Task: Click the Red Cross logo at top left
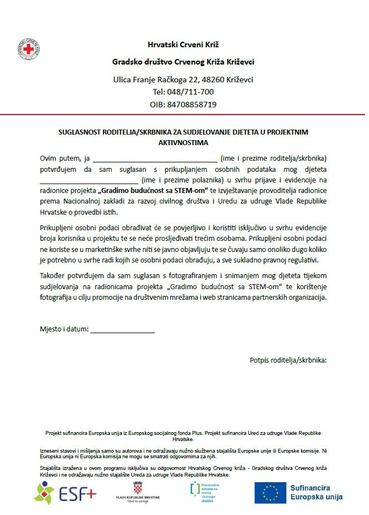28,49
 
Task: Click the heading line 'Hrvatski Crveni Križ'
183,44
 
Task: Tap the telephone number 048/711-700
183,92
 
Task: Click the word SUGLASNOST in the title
81,132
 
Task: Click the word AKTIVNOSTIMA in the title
183,142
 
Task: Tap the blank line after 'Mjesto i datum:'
122,331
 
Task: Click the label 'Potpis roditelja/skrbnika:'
288,360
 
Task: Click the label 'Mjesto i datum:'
64,329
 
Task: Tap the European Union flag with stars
270,493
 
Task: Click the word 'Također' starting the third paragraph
53,276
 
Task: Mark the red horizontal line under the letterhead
183,115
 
